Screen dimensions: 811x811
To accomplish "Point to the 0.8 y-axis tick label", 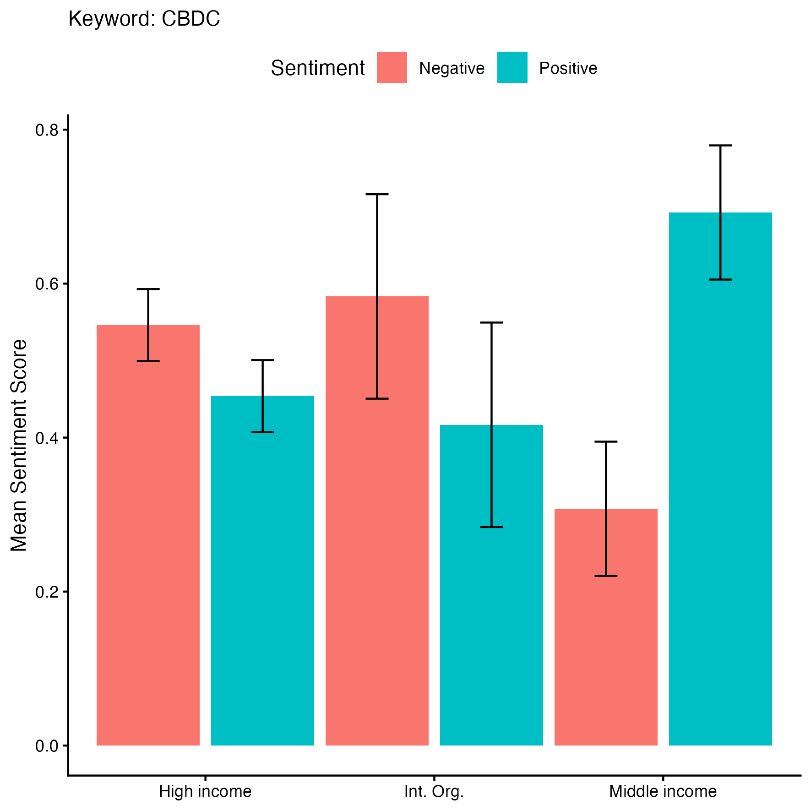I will (x=47, y=130).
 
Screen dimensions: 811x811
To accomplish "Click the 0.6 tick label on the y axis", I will (x=47, y=284).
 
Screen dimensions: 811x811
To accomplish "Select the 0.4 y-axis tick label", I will (x=47, y=438).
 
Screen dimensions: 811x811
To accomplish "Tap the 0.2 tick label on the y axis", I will (x=47, y=592).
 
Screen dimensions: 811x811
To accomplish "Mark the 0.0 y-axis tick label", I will (x=47, y=746).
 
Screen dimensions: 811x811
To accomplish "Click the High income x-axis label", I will (x=205, y=791).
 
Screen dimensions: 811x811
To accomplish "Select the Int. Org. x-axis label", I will (x=434, y=791).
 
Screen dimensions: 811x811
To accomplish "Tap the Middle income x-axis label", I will (x=663, y=791).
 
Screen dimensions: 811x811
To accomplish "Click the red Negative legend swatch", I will (x=392, y=68).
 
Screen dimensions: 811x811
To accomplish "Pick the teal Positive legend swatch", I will (x=512, y=68).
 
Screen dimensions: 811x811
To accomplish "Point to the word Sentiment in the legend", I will (x=317, y=68).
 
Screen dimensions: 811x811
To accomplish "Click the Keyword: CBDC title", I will (x=144, y=19).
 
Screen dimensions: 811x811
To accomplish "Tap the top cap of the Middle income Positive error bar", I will (x=720, y=146).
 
